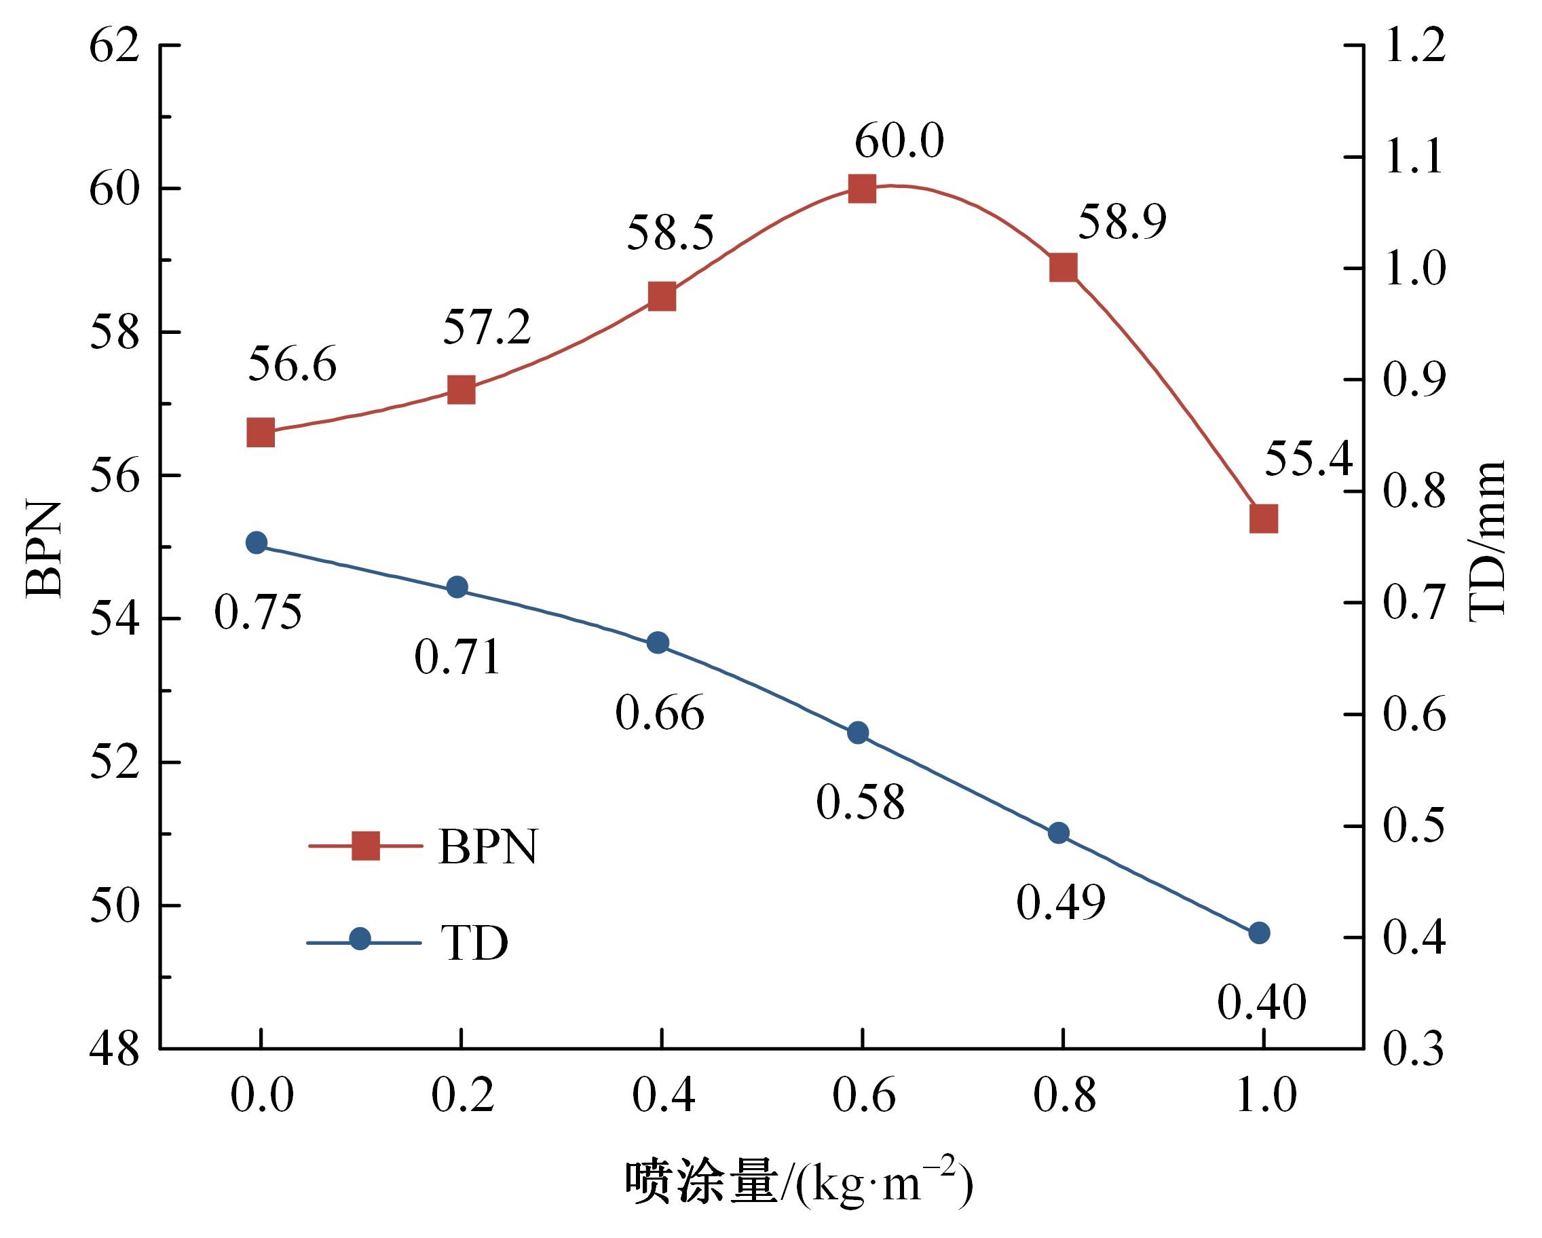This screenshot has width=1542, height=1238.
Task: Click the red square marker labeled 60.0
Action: (862, 189)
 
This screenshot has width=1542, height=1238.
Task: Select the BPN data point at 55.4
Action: (1263, 519)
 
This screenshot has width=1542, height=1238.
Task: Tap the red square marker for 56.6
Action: (261, 433)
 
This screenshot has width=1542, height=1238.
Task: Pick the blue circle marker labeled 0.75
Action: (256, 543)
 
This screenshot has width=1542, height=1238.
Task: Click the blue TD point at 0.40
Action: (1259, 933)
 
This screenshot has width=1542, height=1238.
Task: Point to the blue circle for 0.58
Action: (858, 732)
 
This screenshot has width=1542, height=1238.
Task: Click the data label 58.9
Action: (1121, 222)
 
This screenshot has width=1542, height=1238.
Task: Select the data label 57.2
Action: (487, 328)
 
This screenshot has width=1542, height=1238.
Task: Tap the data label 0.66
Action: (660, 713)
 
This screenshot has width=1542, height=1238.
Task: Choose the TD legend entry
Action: (408, 942)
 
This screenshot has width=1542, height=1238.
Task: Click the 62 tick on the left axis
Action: (114, 46)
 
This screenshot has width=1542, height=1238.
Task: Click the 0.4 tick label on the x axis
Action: (663, 1095)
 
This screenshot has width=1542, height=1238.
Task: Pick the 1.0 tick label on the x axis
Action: (1265, 1095)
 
